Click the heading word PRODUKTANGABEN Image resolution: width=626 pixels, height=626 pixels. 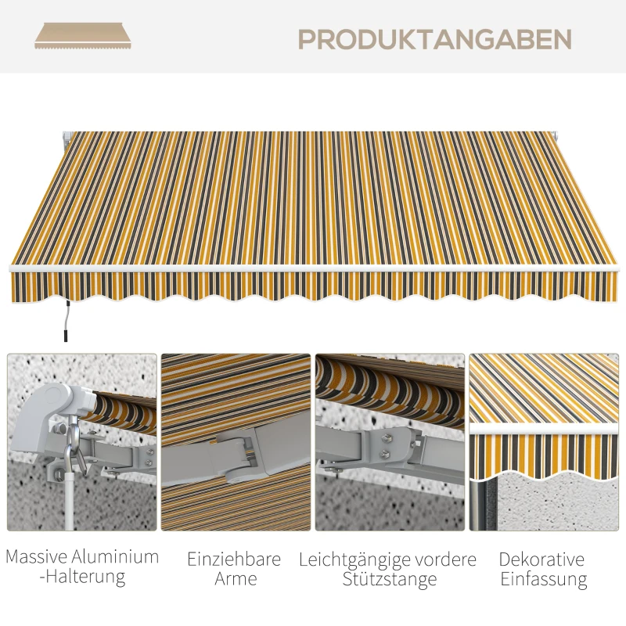[434, 39]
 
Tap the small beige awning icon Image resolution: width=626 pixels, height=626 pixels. [82, 36]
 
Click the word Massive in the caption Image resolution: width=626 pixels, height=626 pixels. [38, 558]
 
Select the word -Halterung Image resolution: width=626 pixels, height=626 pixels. [82, 577]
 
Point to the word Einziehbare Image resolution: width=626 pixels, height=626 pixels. [234, 559]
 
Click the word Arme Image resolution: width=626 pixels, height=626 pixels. [235, 579]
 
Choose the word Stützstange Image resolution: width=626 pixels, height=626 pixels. [389, 580]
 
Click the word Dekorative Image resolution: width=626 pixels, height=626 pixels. [541, 559]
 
